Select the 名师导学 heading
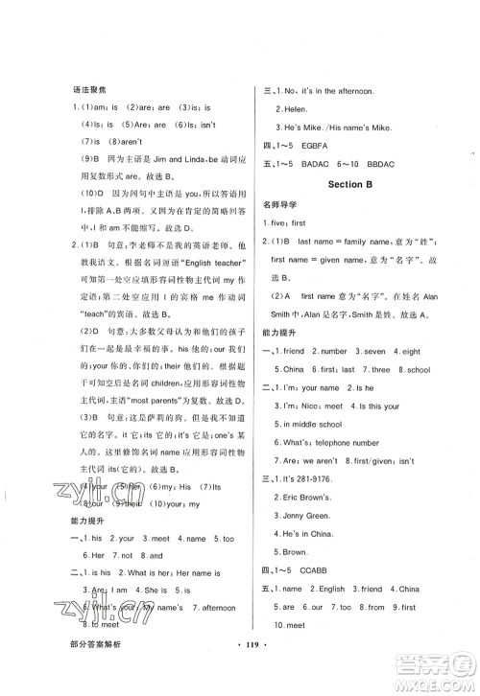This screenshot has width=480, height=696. (280, 205)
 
